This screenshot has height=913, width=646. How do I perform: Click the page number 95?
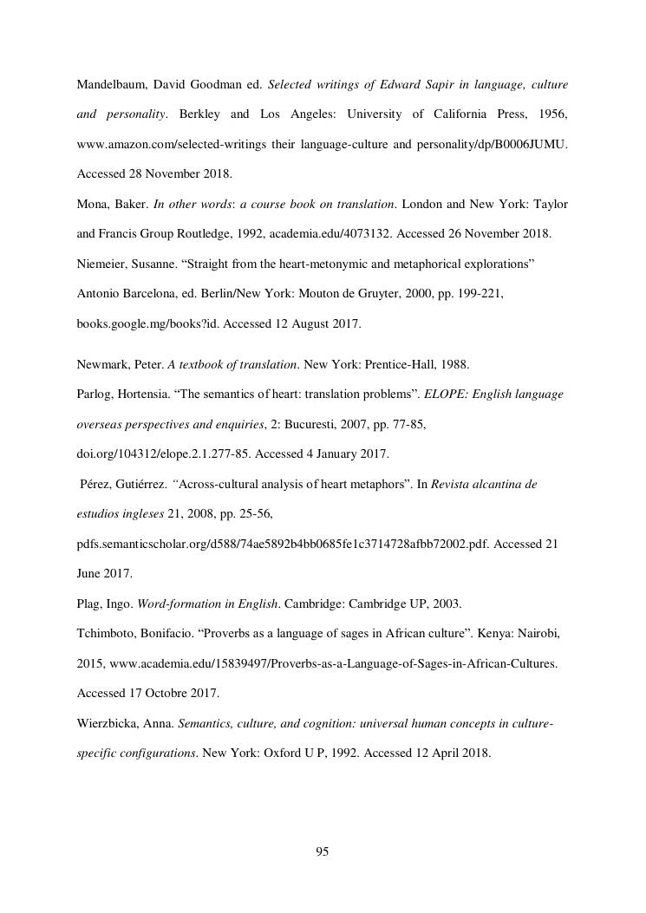323,851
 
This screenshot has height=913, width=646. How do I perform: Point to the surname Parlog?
96,395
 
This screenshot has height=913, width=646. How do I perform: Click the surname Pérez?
98,485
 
